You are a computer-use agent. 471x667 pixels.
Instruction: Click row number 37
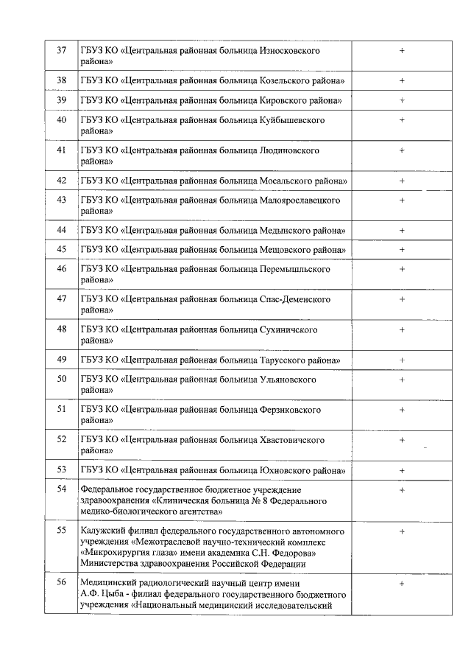(x=61, y=50)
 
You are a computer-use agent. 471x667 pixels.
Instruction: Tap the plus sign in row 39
(x=402, y=99)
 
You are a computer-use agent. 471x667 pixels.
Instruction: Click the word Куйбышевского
(x=292, y=119)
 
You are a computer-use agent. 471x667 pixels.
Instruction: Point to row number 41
(x=61, y=150)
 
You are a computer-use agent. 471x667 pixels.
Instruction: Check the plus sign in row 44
(x=402, y=231)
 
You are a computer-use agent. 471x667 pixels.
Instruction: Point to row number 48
(x=61, y=329)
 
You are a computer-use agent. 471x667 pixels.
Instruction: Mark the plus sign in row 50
(x=402, y=380)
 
